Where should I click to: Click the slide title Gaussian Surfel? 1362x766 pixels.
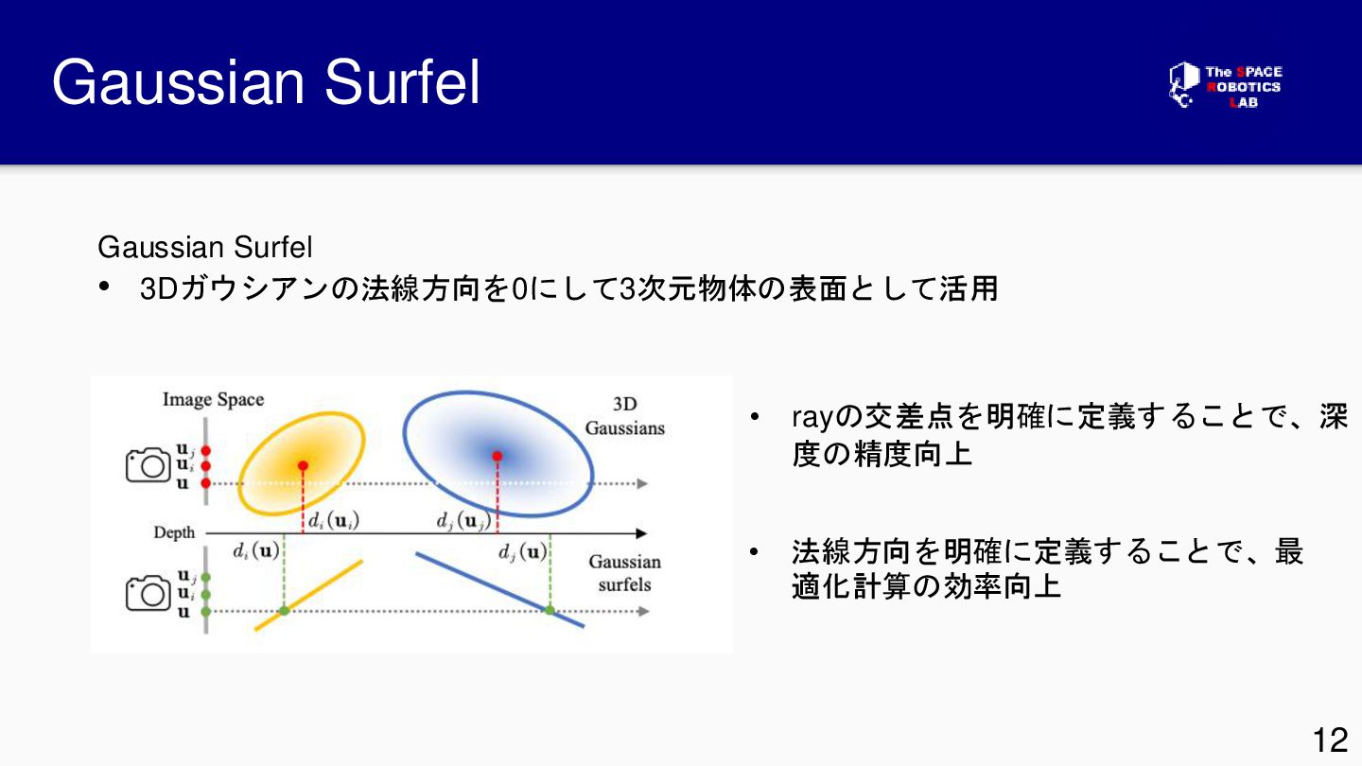tap(266, 82)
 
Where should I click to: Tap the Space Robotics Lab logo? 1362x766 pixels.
tap(1225, 86)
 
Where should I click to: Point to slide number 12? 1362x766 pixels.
tap(1331, 740)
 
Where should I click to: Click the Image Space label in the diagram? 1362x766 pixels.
tap(214, 400)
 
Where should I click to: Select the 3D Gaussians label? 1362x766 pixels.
tap(624, 416)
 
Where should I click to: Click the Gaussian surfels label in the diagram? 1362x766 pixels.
tap(624, 573)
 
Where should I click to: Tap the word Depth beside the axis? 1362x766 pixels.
tap(174, 532)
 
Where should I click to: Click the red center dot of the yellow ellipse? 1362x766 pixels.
tap(303, 465)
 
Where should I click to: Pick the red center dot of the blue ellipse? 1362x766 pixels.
tap(498, 456)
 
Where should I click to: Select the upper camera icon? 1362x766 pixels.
tap(148, 465)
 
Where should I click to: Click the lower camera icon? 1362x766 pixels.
tap(148, 593)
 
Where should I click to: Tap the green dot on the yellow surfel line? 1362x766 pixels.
tap(284, 610)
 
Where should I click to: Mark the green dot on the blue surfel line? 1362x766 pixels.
tap(550, 610)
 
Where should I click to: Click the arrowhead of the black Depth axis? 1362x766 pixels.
tap(641, 533)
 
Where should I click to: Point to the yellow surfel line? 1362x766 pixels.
tap(308, 595)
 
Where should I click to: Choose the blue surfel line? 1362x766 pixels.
tap(499, 589)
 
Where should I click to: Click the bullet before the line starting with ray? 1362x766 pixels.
tap(755, 417)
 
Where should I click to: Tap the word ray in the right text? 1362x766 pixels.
tap(812, 419)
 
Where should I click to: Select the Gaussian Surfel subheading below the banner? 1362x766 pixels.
tap(205, 247)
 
